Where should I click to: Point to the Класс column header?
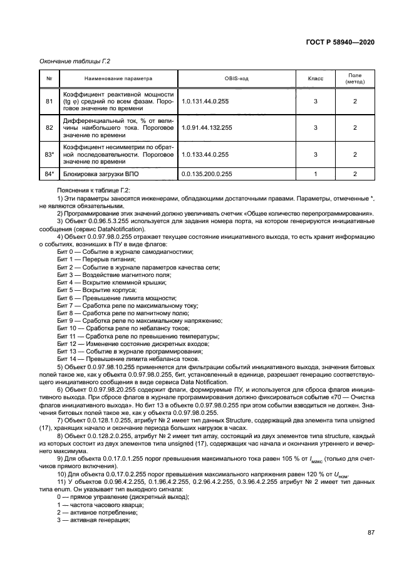pyautogui.click(x=316, y=80)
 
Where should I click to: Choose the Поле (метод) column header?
pyautogui.click(x=354, y=80)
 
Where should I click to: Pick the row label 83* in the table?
pyautogui.click(x=49, y=154)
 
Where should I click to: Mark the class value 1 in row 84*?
pyautogui.click(x=316, y=174)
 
